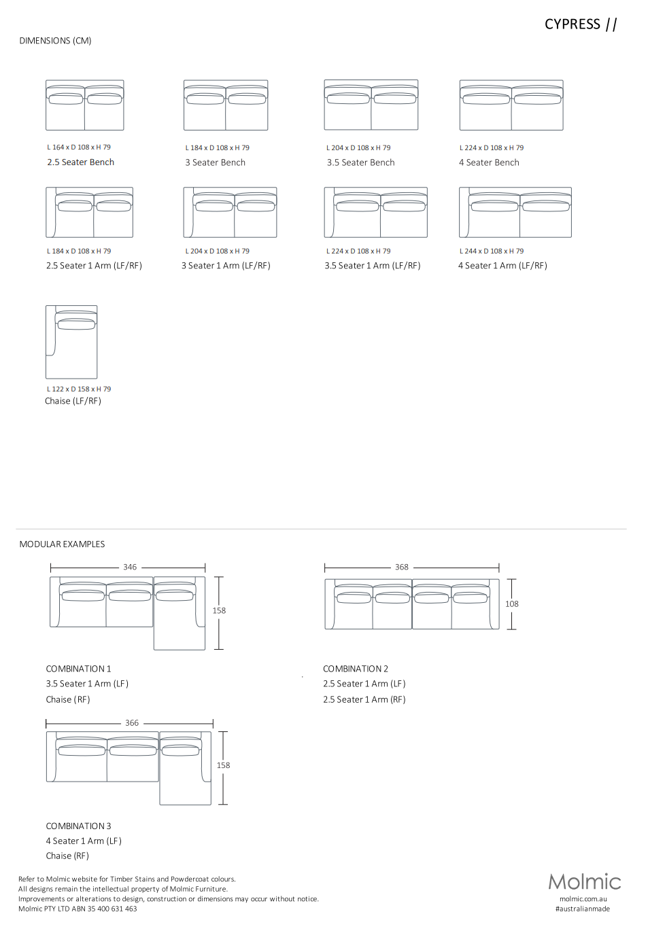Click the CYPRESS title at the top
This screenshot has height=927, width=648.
pyautogui.click(x=573, y=24)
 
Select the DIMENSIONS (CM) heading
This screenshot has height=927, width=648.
pyautogui.click(x=55, y=41)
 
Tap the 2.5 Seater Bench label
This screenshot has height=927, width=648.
pyautogui.click(x=80, y=162)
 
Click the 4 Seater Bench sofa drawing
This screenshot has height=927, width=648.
pyautogui.click(x=511, y=105)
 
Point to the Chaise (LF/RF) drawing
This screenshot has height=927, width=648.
pyautogui.click(x=71, y=342)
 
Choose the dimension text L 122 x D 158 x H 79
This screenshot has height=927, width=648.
pyautogui.click(x=79, y=389)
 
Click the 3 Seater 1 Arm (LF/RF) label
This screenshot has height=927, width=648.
pyautogui.click(x=226, y=266)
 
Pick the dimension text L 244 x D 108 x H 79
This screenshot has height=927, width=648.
pyautogui.click(x=492, y=251)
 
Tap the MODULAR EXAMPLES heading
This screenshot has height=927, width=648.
pyautogui.click(x=62, y=544)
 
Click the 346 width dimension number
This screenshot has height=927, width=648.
pyautogui.click(x=130, y=567)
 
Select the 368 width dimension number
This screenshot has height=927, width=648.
pyautogui.click(x=402, y=567)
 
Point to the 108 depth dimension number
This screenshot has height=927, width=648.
pyautogui.click(x=512, y=604)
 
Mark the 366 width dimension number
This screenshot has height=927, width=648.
pyautogui.click(x=132, y=723)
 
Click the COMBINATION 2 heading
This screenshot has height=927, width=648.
pyautogui.click(x=356, y=669)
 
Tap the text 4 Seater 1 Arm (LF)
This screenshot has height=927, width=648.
pyautogui.click(x=84, y=841)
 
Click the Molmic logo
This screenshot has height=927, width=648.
pyautogui.click(x=585, y=882)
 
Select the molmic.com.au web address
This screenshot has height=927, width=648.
pyautogui.click(x=583, y=899)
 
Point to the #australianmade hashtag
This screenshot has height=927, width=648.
pyautogui.click(x=583, y=909)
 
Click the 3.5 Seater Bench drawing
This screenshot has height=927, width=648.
pyautogui.click(x=371, y=105)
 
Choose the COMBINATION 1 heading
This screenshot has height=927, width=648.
pyautogui.click(x=78, y=669)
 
